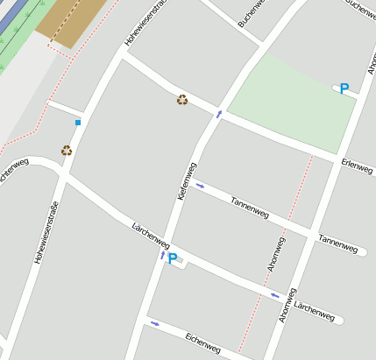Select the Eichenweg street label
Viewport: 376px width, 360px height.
[203, 342]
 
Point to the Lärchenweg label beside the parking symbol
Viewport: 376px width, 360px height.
[150, 236]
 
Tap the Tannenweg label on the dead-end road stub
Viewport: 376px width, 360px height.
[338, 244]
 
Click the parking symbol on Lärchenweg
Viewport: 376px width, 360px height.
[173, 259]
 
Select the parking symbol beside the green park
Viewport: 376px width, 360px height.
[344, 88]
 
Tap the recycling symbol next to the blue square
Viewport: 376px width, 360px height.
[67, 150]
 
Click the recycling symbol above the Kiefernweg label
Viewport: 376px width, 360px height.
[181, 99]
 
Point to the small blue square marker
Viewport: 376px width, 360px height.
[78, 123]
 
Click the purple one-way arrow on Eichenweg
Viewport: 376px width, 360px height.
[155, 323]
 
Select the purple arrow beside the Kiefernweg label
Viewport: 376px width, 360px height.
[201, 186]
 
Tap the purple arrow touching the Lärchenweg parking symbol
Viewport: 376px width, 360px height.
[162, 256]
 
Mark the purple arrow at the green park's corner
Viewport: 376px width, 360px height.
[219, 113]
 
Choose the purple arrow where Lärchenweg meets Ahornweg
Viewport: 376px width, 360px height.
[274, 295]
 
